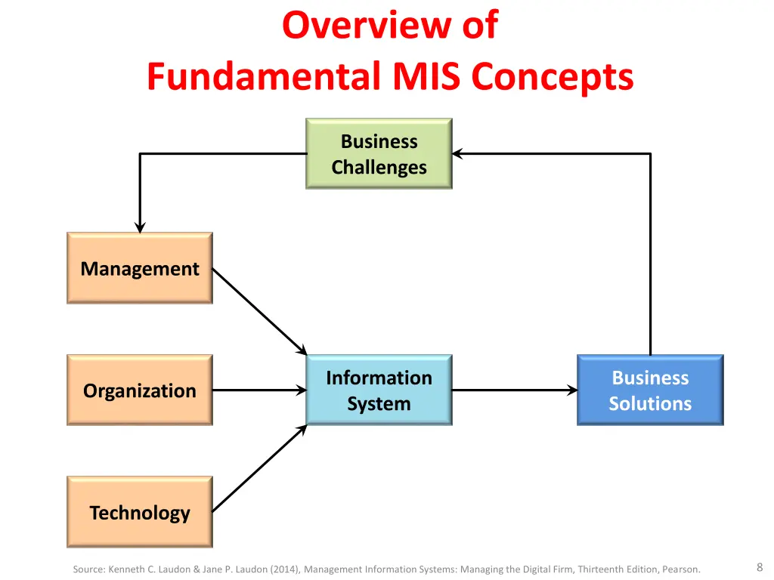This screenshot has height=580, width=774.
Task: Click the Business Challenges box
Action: (379, 153)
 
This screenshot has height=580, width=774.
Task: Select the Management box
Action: (140, 268)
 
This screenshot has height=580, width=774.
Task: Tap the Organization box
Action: (140, 390)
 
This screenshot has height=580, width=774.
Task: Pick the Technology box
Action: (140, 512)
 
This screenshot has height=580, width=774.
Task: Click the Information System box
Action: (379, 390)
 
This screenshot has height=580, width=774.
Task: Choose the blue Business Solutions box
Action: (650, 390)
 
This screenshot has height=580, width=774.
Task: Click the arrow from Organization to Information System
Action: (260, 390)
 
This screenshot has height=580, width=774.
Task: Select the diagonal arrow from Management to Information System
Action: (260, 312)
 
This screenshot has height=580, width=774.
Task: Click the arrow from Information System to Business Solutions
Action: (515, 390)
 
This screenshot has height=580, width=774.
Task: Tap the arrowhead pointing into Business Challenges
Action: (457, 154)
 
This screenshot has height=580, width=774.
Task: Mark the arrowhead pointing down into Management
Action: (140, 227)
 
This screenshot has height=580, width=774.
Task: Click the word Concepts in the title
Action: (553, 77)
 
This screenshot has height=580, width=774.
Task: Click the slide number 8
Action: (760, 567)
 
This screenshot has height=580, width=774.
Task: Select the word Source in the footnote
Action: (89, 569)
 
